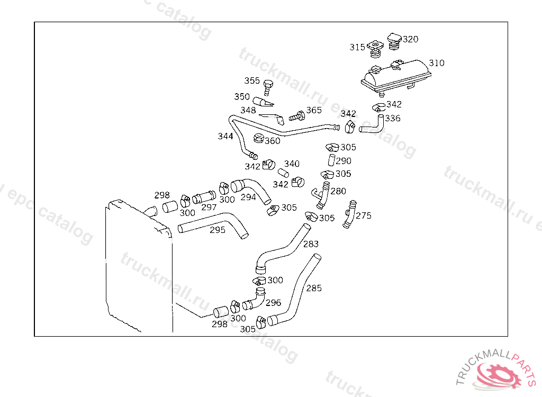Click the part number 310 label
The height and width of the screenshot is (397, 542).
pos(436,63)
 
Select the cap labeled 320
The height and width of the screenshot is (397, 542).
pos(394,41)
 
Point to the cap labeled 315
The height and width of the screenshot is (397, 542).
pos(376,48)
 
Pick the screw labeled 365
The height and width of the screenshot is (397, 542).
pos(297,115)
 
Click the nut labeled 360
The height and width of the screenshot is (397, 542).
pos(258,139)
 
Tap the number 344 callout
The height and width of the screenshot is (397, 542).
pos(225,137)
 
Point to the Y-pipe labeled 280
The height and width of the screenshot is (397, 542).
pos(321,195)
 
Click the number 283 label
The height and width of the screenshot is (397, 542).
pos(311,244)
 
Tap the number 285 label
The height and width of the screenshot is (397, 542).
pos(314,288)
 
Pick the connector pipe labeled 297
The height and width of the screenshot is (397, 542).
pos(204,198)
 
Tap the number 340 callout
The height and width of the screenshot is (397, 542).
pos(292,164)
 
